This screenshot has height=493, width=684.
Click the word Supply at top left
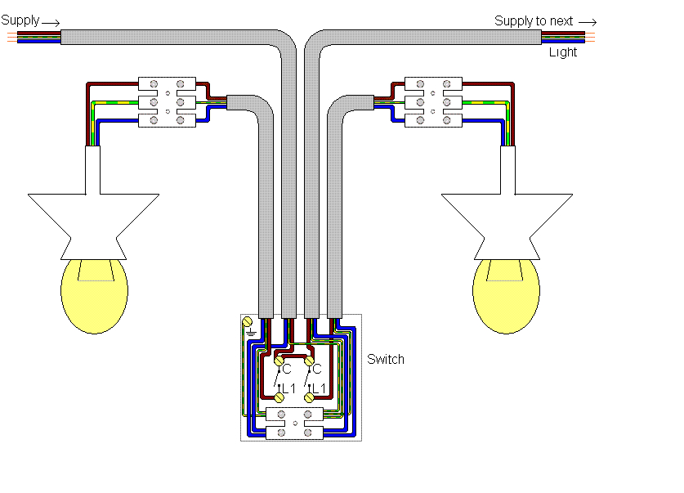20,19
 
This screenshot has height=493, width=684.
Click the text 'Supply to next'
534,20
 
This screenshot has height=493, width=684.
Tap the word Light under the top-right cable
562,52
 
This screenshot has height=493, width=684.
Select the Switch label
385,359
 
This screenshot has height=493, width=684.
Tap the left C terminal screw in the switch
278,359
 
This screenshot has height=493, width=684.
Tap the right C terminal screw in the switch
309,359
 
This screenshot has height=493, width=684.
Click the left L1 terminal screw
278,397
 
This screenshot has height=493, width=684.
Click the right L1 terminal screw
309,397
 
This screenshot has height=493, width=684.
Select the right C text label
318,370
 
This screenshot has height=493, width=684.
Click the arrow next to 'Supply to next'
588,21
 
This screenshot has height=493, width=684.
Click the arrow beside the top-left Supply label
50,21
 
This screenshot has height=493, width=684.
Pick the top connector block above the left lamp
167,83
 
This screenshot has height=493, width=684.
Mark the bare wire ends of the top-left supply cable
10,36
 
